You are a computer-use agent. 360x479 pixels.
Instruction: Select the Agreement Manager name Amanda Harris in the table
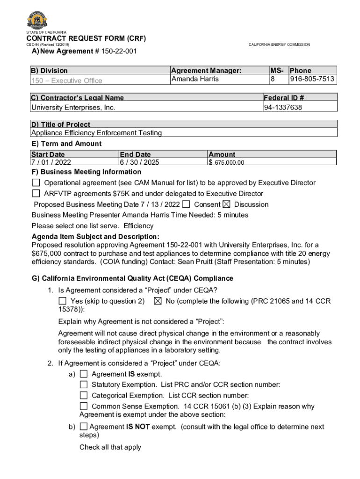(195, 79)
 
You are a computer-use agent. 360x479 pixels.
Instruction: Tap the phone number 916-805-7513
(312, 79)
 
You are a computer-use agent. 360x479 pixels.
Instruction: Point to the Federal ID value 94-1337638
(283, 108)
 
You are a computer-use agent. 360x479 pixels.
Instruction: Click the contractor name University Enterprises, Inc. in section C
(73, 108)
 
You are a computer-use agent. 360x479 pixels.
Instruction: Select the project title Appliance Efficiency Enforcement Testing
(96, 133)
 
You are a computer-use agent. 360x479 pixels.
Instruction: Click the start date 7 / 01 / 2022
(51, 162)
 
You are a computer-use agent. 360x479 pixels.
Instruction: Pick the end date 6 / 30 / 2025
(140, 162)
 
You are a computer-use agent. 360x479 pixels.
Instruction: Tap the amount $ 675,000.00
(226, 163)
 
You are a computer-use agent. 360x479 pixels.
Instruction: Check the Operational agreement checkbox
(36, 182)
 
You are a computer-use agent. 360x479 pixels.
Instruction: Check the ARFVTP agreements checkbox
(36, 193)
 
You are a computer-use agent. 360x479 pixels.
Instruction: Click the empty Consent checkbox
(187, 204)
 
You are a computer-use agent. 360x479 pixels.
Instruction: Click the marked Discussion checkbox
(226, 204)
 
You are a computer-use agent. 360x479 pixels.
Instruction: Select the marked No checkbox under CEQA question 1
(158, 301)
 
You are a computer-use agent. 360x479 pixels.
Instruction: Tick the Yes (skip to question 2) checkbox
(63, 301)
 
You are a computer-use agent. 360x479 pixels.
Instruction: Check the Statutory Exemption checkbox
(84, 385)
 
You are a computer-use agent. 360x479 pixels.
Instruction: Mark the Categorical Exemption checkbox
(84, 395)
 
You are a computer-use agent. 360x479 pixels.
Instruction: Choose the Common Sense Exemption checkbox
(84, 406)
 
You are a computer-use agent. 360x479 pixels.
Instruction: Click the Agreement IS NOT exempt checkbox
(84, 427)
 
